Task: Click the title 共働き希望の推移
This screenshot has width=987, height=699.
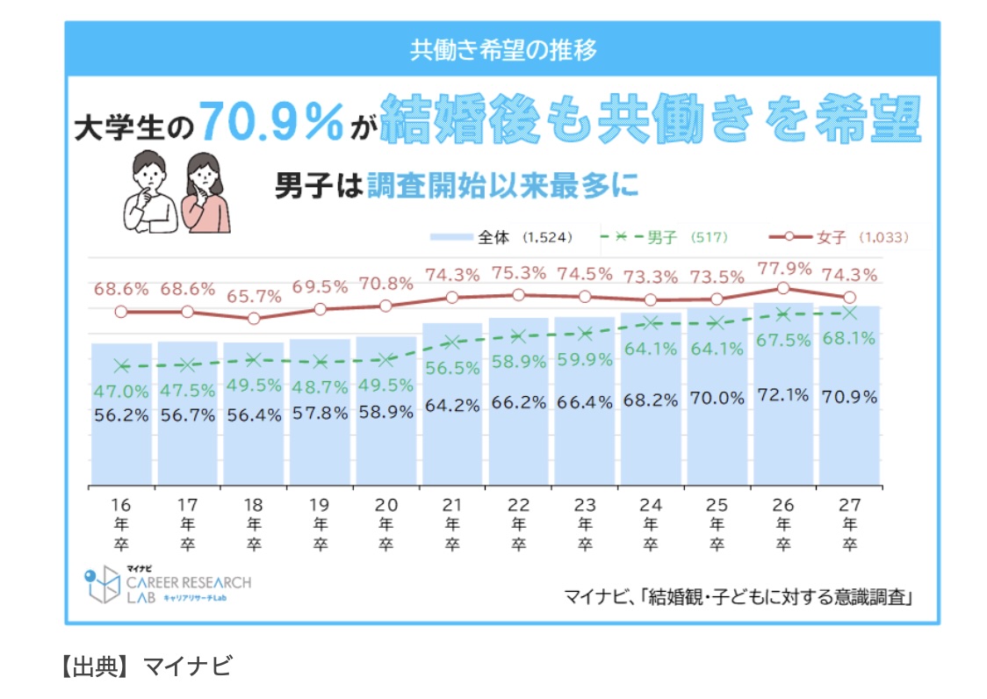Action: point(502,49)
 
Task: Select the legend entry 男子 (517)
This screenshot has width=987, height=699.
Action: point(669,237)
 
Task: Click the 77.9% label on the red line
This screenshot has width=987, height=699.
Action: point(782,269)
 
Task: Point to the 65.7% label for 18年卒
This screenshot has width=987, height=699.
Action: point(254,297)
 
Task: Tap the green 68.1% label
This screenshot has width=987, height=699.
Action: point(849,339)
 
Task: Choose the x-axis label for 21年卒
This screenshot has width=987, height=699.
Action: point(452,524)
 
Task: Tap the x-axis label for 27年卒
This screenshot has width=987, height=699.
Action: point(849,524)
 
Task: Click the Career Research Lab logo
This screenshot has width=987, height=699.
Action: point(167,586)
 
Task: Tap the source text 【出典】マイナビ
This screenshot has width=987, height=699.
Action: point(144,665)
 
